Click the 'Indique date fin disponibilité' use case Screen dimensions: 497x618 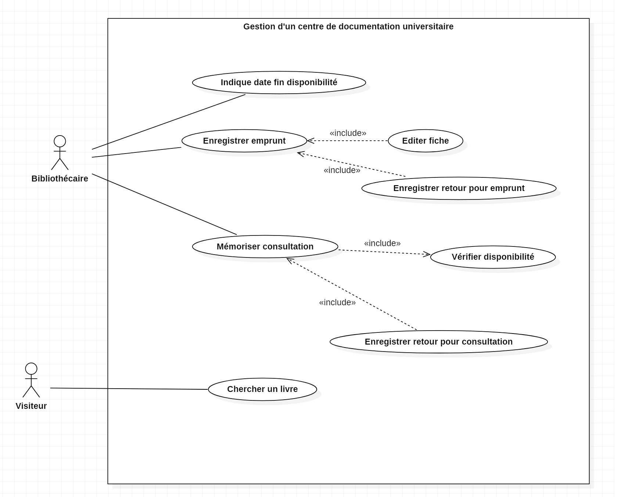point(279,82)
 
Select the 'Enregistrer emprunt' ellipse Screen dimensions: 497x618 point(244,141)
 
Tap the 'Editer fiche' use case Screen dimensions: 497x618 point(425,141)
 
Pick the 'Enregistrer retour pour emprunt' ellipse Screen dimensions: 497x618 point(459,188)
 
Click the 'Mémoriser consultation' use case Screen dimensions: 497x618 point(265,246)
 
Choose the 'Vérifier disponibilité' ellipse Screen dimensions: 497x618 point(493,257)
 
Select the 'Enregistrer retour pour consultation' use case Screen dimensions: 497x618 point(438,342)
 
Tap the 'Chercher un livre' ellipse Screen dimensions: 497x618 point(262,389)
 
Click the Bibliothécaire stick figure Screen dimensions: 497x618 point(60,153)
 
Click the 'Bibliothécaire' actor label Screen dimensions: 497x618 point(60,179)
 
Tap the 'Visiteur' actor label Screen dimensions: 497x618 point(31,406)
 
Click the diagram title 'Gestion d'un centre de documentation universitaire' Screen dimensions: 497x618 point(348,26)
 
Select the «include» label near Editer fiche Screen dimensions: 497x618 point(348,133)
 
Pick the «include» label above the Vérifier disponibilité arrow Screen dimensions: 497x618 point(382,243)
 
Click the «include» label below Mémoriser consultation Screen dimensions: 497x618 point(337,302)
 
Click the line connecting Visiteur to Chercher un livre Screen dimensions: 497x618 point(129,389)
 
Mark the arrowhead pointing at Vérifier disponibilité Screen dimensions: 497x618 point(427,254)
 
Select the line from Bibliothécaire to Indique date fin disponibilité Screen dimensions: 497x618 point(169,122)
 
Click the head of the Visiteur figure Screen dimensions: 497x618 point(31,368)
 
